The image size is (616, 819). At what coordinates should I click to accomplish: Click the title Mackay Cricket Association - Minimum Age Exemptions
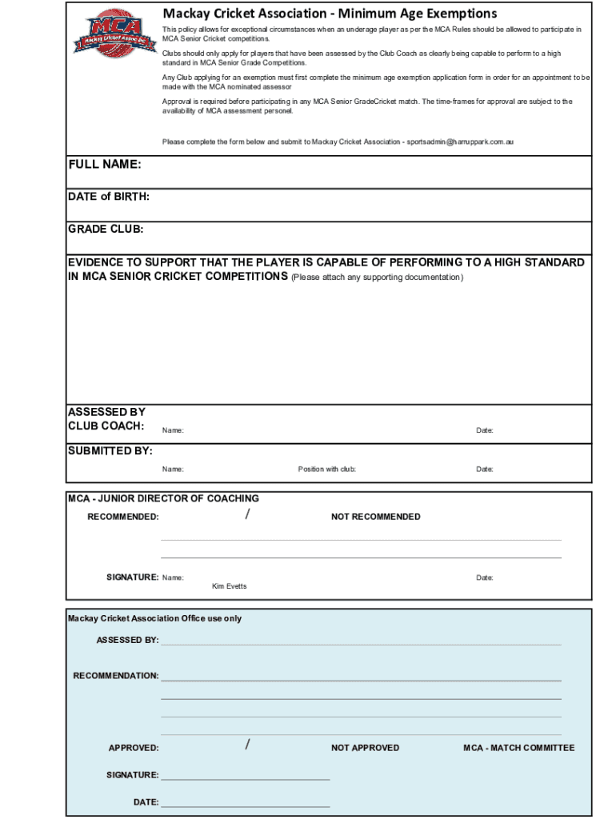330,14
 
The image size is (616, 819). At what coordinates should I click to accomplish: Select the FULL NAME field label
105,164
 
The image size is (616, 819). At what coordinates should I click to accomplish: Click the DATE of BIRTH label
108,197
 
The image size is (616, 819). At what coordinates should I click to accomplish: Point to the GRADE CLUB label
106,230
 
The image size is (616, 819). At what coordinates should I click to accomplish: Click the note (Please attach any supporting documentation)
377,278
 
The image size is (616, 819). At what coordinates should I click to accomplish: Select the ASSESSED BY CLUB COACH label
106,419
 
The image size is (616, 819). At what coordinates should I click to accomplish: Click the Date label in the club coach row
485,431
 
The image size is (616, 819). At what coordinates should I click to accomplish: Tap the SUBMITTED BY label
110,451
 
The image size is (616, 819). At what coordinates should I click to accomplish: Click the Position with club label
326,469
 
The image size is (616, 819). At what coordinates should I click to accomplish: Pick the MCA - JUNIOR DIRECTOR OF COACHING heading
163,498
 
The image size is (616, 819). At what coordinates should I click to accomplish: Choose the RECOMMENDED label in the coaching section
122,517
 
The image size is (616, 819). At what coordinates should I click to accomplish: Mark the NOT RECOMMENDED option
375,517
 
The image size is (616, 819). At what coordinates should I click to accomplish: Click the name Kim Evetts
229,586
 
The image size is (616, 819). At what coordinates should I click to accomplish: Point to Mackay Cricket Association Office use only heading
154,618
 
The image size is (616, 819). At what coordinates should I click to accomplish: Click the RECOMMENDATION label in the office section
116,676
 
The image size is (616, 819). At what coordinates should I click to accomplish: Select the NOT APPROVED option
365,748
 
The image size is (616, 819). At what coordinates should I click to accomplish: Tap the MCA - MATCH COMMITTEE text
518,748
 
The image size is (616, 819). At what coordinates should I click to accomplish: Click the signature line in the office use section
245,778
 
